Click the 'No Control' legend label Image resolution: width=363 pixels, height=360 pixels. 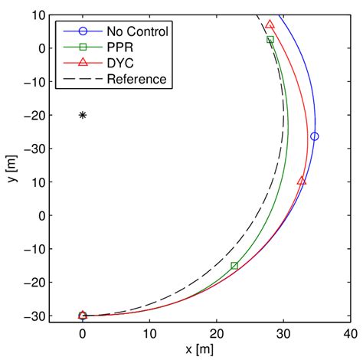pos(138,31)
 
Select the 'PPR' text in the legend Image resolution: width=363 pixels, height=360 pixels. pos(119,47)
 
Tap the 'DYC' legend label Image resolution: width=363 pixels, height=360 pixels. pos(120,63)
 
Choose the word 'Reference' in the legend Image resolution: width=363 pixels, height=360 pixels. pos(136,79)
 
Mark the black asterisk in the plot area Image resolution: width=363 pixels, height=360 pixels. pos(83,115)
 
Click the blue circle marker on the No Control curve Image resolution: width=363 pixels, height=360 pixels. pos(314,136)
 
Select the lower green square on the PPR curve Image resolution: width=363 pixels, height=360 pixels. pos(234,266)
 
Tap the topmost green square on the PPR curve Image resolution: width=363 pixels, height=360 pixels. pos(270,40)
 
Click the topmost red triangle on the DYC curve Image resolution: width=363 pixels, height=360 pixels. pos(270,25)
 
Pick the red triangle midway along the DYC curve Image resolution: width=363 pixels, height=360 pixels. pos(301,181)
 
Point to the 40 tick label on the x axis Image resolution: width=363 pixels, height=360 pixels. pos(352,332)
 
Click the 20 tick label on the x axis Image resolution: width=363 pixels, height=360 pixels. pos(217,332)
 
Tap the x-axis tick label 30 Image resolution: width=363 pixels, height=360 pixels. pos(284,332)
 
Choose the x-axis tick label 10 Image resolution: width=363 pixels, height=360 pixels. pos(150,332)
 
